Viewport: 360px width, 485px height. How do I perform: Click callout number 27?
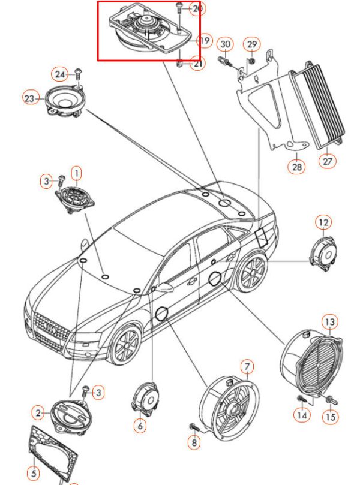coord(328,161)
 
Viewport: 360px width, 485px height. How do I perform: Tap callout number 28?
coord(297,167)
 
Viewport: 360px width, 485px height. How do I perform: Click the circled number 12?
coord(323,224)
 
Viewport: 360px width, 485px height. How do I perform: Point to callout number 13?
coord(330,322)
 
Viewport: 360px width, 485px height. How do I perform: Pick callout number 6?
coord(140,426)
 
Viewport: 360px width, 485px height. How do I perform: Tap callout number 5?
coord(34,474)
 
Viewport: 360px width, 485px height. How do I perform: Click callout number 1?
coord(76,174)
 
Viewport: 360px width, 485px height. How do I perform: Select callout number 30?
coord(225,44)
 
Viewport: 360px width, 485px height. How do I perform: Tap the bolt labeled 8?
coord(194,427)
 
